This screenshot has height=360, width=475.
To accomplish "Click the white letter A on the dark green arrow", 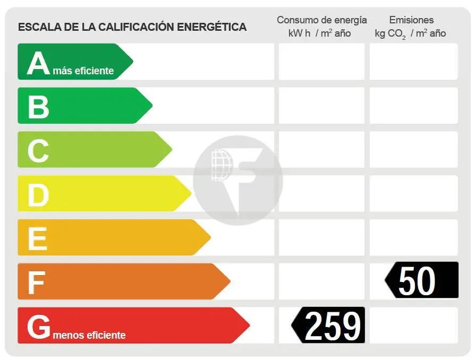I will [x=38, y=63].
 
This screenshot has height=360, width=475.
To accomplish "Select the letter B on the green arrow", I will [x=38, y=106].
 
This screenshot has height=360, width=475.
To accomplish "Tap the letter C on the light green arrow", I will [x=38, y=150].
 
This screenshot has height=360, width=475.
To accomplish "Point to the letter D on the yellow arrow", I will [x=38, y=194].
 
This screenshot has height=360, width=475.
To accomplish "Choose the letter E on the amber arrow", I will [x=37, y=238].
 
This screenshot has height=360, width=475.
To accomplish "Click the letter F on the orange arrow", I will [x=36, y=282].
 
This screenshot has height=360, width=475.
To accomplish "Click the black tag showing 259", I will [x=329, y=325].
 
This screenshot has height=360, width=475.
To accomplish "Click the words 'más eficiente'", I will [x=83, y=71].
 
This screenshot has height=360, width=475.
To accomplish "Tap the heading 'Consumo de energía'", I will [x=321, y=20].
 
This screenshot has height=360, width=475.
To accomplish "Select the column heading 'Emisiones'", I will [x=411, y=20].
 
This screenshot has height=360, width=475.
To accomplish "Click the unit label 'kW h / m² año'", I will [x=319, y=33].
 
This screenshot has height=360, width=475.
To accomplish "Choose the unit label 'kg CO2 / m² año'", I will [x=410, y=33].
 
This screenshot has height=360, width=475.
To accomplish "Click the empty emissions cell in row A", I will [x=413, y=62].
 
